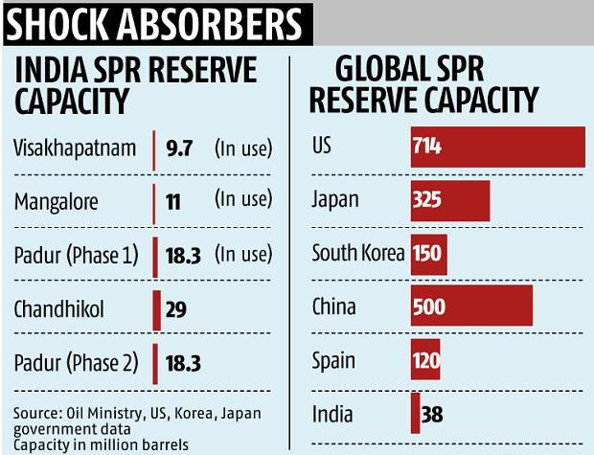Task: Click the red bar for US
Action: [x=497, y=148]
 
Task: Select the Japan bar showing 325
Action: [x=449, y=201]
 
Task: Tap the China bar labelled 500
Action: [x=470, y=307]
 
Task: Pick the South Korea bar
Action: [x=428, y=255]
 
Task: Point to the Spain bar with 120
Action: [x=425, y=361]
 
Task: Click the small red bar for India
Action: [x=415, y=415]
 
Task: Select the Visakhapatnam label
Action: [x=76, y=148]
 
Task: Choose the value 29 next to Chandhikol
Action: [x=175, y=309]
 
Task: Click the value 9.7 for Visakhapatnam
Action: [x=179, y=148]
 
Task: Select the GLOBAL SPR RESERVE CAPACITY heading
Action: [x=436, y=84]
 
